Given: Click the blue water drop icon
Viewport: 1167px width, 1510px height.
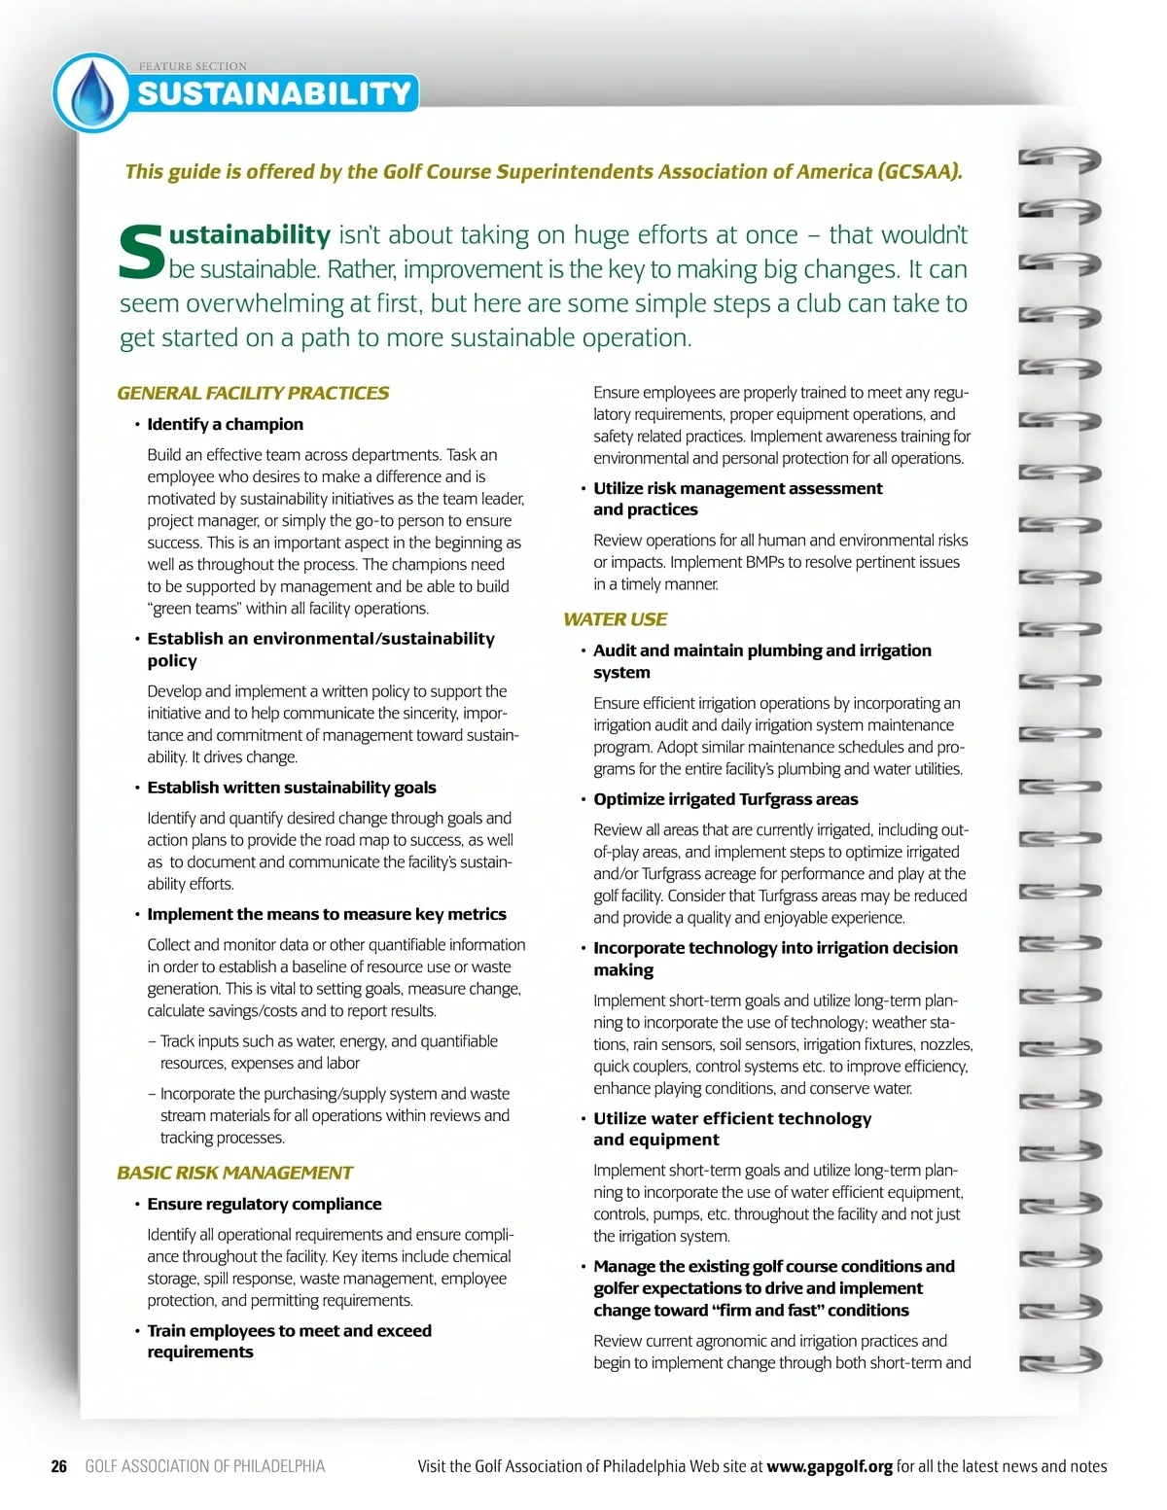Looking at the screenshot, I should [x=92, y=93].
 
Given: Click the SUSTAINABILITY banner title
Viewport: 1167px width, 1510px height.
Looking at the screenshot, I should [x=274, y=93].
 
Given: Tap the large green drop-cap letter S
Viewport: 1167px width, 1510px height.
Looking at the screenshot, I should [x=142, y=251].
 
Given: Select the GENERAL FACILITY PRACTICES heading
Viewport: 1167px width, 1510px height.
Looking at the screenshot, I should [x=253, y=393].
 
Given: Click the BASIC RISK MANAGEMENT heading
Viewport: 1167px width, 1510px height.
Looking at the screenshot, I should [x=234, y=1173].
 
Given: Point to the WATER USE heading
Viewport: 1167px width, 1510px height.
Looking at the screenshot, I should [x=615, y=619].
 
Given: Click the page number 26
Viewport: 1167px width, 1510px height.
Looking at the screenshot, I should [x=59, y=1466].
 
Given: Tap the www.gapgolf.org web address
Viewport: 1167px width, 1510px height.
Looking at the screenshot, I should [x=829, y=1466].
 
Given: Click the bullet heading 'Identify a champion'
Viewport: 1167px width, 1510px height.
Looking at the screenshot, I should [x=225, y=424].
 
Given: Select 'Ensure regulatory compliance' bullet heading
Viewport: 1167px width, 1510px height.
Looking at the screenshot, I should [x=264, y=1204].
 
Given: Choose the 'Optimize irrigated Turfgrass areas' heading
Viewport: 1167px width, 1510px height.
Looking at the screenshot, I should [x=725, y=799].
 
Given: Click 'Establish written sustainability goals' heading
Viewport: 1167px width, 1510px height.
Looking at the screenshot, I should [x=291, y=788].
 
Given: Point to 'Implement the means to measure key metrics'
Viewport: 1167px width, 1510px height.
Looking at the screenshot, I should [x=326, y=914].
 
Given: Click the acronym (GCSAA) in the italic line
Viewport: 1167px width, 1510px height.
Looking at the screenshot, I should [x=919, y=172].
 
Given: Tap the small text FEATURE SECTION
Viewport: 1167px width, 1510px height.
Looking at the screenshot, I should [x=193, y=66].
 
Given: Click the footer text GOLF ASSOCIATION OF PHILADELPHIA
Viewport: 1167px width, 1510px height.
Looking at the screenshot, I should [x=205, y=1466].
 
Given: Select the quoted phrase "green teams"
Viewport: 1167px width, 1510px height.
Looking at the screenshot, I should [x=194, y=609].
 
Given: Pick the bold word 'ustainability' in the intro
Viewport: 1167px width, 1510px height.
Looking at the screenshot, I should [x=250, y=235].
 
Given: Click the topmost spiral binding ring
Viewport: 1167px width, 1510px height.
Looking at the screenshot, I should [x=1059, y=158].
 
